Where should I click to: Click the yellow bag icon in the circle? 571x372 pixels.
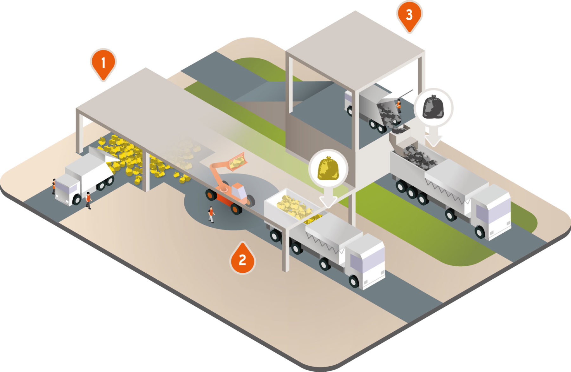(x=328, y=169)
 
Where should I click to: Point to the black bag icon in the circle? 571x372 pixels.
(x=434, y=107)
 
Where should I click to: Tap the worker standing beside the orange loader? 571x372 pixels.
(x=211, y=214)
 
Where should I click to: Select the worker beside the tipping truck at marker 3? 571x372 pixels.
(x=398, y=106)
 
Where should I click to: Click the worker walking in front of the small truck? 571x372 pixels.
(x=88, y=200)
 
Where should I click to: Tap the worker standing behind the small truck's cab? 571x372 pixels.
(x=54, y=186)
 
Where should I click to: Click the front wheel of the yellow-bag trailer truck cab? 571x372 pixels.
(x=354, y=281)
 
